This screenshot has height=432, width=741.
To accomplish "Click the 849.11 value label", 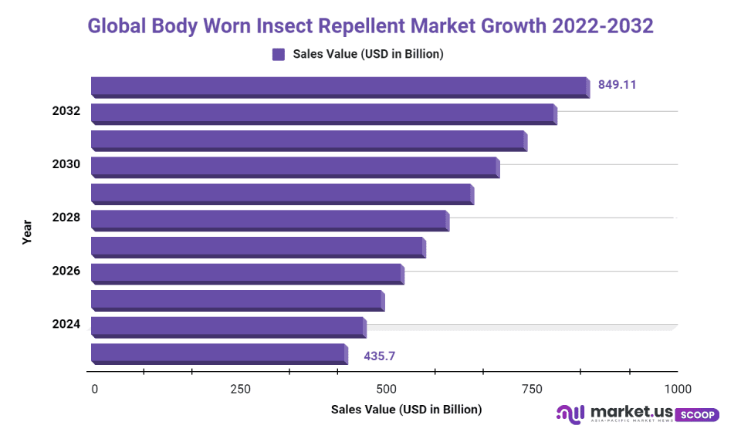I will pos(617,85).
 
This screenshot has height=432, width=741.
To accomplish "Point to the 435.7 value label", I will pos(380,356).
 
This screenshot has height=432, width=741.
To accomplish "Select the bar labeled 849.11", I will pos(340,86).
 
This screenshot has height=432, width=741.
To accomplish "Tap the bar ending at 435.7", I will pos(219,353).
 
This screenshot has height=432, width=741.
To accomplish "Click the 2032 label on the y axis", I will pos(66,111).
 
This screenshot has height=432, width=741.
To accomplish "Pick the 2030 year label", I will pos(66,164).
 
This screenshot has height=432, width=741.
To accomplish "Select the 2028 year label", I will pos(66,218).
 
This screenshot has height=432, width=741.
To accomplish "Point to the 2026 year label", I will pos(66,271).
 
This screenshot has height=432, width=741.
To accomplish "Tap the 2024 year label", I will pos(66,325).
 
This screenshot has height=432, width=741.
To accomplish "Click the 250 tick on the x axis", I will pos(240,389).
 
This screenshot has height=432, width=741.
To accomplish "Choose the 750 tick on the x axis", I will pos(532,389).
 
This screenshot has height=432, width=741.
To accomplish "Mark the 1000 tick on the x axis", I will pos(678,389).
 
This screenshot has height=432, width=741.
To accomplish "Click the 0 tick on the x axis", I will pos(94,389).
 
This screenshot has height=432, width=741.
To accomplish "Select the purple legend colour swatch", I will pos(279,54).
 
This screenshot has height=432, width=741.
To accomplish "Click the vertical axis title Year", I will pos(27,232).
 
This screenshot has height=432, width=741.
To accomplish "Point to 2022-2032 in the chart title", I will pos(603,26).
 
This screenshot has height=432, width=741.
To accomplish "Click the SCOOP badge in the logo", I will pos(698,414).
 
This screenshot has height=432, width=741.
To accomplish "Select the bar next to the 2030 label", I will pos(295,167).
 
